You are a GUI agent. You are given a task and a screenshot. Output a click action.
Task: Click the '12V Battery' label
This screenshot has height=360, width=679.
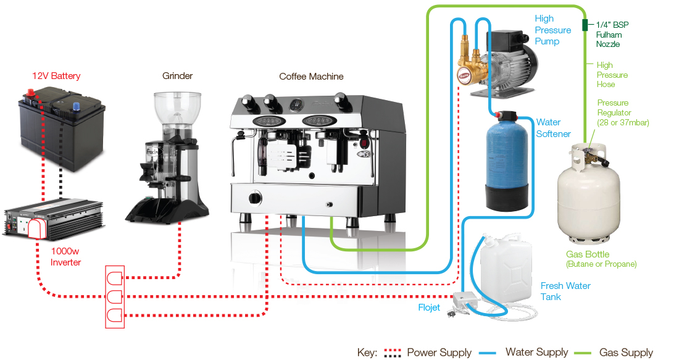tap(56, 76)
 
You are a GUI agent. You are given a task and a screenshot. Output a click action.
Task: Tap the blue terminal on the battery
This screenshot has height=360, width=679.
tap(77, 106)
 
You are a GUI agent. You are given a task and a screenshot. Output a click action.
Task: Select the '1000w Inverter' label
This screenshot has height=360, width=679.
tap(65, 257)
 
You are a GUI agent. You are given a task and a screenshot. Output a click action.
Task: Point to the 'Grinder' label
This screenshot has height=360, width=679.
tap(177, 76)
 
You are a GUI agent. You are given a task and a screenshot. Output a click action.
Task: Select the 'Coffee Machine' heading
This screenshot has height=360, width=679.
tap(311, 77)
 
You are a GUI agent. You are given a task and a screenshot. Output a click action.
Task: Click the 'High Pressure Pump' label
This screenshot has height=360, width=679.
tap(552, 30)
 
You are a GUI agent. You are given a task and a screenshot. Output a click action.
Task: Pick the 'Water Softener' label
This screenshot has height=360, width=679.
tap(553, 128)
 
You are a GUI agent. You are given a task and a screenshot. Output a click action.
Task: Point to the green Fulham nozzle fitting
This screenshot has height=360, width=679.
tap(584, 25)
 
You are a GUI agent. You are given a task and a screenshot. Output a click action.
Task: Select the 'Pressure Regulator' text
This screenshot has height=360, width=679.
tap(622, 112)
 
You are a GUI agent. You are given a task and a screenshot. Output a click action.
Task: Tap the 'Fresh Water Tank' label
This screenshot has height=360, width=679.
tap(565, 291)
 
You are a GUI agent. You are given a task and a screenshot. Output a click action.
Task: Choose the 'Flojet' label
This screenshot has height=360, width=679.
tap(428, 307)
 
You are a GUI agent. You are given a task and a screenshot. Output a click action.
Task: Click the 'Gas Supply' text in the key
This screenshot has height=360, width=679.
tap(626, 353)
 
